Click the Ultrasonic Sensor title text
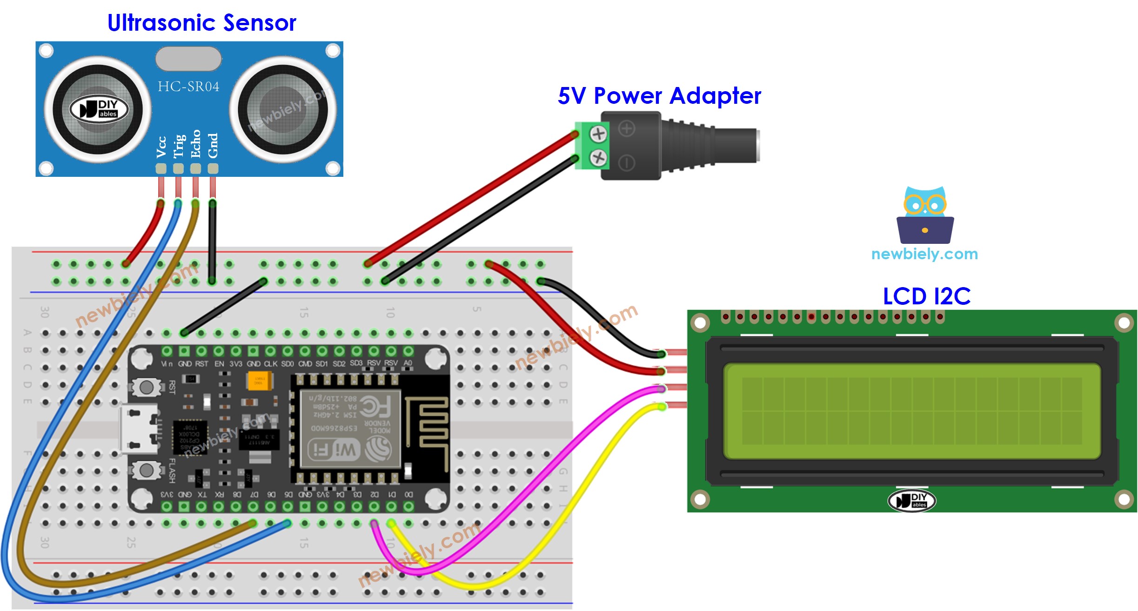[201, 22]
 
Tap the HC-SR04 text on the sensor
[188, 87]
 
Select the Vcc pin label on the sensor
[161, 147]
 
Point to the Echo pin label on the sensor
[195, 144]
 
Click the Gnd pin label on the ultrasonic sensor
[213, 146]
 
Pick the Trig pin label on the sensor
[179, 146]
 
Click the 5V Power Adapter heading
[659, 96]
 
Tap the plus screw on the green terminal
[598, 134]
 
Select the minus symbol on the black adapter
[627, 163]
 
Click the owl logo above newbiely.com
[925, 215]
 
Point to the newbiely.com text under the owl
[924, 254]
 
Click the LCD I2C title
[926, 296]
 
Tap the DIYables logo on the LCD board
[911, 501]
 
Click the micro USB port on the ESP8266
[139, 429]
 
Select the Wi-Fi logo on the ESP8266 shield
[334, 450]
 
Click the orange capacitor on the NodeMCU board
[256, 381]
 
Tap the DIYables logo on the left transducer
[99, 109]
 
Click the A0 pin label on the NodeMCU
[408, 363]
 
